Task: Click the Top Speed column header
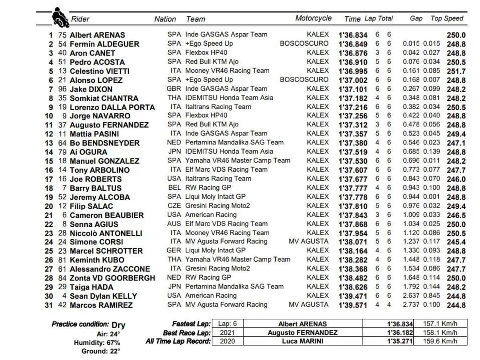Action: coord(447,18)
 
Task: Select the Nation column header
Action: coord(165,19)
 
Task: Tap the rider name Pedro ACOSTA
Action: coord(97,62)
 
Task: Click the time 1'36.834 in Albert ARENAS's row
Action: coord(353,35)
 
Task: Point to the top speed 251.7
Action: coord(456,71)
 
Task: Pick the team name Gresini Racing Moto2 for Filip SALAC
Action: coord(218,206)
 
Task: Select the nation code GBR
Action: coord(174,89)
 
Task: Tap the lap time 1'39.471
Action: coord(353,296)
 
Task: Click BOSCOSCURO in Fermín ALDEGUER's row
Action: coord(304,44)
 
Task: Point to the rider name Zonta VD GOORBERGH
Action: coord(112,278)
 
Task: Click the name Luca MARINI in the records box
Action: coord(302,342)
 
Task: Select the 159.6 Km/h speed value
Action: coord(440,342)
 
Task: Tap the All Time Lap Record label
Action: coord(178,342)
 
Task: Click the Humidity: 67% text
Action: coord(97,343)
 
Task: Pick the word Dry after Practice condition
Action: coord(118,325)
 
